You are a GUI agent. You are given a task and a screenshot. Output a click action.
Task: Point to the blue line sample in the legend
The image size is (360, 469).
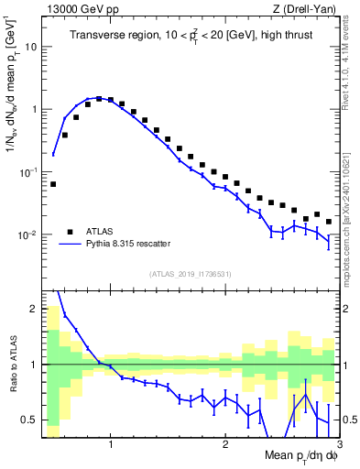click(69, 245)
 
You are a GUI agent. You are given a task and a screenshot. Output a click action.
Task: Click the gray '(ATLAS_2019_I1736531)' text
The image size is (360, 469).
click(191, 274)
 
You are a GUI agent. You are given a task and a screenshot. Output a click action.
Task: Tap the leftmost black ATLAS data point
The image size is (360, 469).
click(53, 184)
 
